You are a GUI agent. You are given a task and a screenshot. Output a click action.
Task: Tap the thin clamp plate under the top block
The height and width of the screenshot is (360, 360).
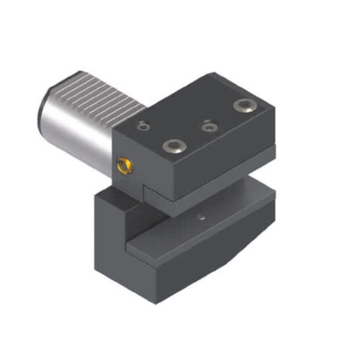point(216,173)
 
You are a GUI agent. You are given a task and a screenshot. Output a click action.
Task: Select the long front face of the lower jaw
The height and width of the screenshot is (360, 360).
point(209,259)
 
